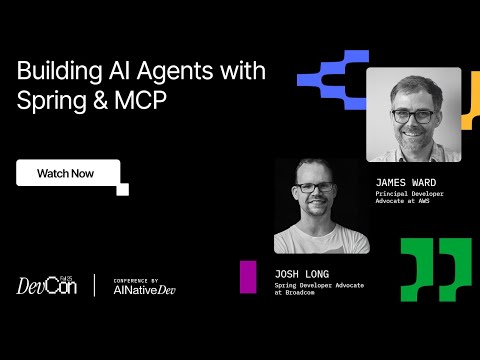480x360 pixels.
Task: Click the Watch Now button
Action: [x=67, y=173]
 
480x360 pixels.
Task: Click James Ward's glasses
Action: [x=413, y=115]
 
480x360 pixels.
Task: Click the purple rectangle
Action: [x=247, y=277]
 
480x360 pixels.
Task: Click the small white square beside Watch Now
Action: [x=123, y=188]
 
